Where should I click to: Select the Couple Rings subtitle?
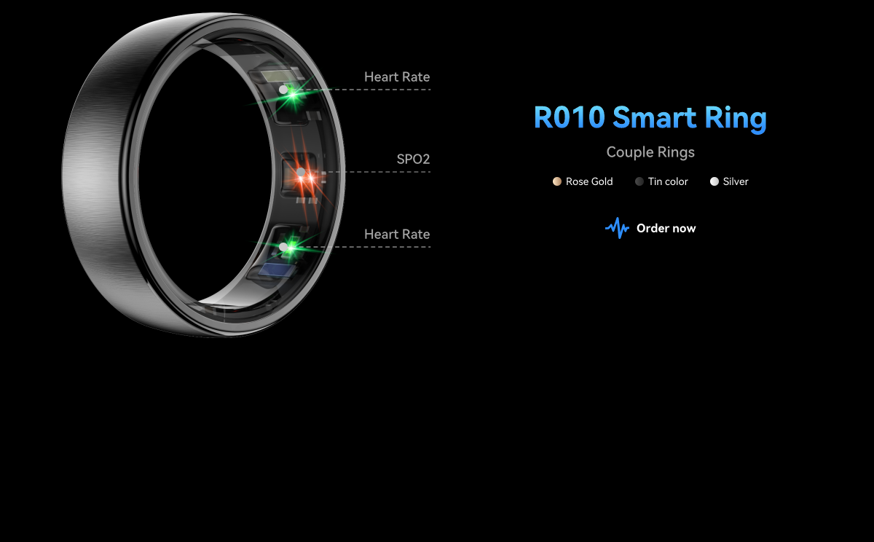tap(650, 152)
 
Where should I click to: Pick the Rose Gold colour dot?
tap(557, 181)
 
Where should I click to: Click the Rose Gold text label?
tap(589, 181)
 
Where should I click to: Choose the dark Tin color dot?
tap(639, 181)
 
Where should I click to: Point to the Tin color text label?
tap(668, 181)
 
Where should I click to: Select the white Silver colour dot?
tap(714, 181)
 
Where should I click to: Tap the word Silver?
tap(736, 181)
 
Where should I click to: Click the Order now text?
tap(666, 228)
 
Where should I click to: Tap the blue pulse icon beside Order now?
tap(617, 228)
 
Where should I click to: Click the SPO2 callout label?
tap(413, 159)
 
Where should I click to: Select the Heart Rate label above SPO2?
tap(397, 76)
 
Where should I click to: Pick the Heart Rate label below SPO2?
tap(397, 234)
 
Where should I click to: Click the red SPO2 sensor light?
tap(305, 176)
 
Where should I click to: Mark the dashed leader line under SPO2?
tap(379, 172)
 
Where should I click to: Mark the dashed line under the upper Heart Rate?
tap(379, 90)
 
